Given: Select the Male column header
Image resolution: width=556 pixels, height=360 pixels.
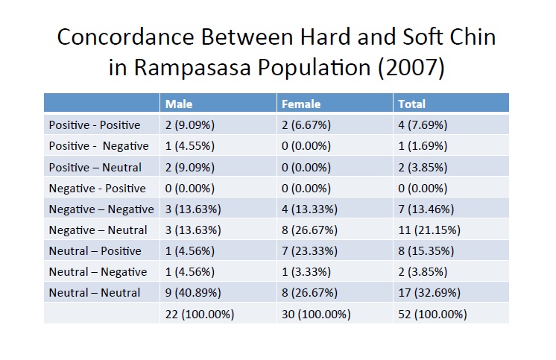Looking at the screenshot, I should coord(178,104).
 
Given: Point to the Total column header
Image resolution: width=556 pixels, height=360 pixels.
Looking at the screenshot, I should coord(411,104).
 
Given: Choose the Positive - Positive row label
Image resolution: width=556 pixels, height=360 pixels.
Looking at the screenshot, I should coord(94,125).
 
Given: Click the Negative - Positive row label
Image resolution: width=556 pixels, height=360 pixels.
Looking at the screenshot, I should coord(97,188).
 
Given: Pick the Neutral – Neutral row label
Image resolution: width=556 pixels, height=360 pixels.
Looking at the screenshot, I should coord(94,292).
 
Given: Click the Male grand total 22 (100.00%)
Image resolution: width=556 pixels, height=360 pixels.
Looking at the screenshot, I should coord(200,314).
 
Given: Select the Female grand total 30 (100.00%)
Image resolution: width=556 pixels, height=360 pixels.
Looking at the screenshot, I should coord(316,314).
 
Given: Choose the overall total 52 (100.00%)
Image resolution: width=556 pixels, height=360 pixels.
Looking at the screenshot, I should coord(433,314).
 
